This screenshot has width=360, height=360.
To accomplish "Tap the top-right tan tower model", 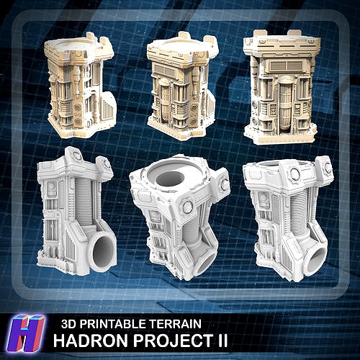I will click(x=280, y=86).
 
